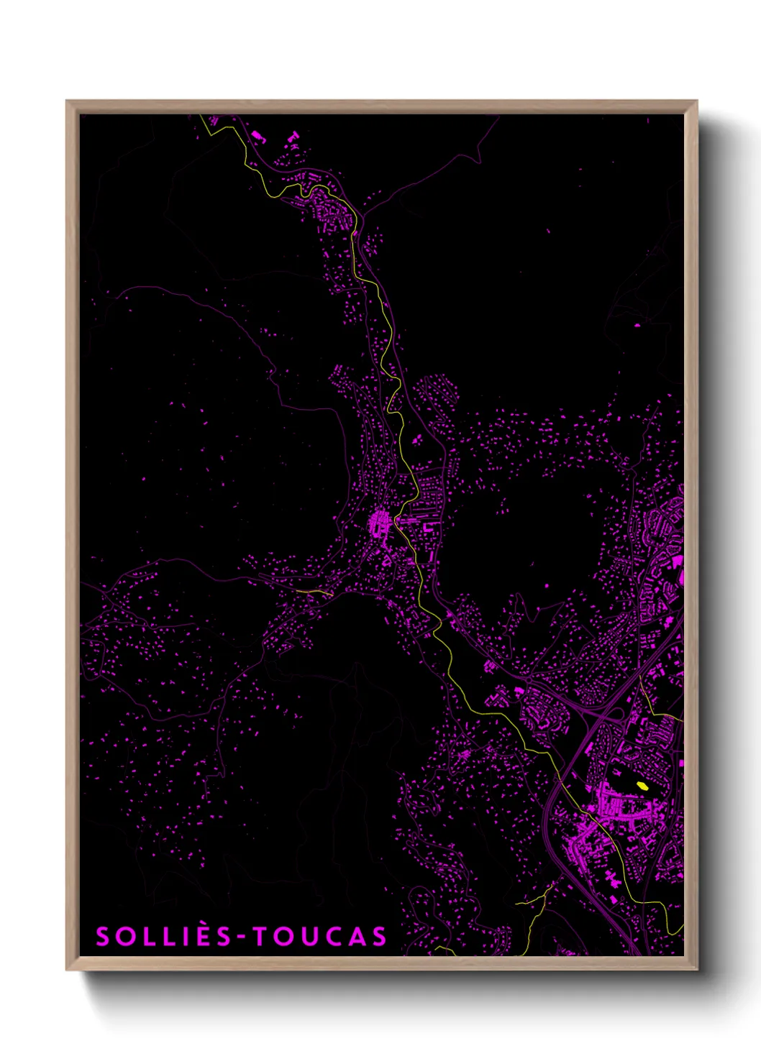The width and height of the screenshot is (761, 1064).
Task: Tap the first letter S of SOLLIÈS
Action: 104,937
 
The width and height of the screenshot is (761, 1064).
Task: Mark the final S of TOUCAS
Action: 379,937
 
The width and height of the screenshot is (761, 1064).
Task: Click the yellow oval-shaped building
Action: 642,786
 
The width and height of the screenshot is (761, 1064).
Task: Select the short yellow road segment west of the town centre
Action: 314,592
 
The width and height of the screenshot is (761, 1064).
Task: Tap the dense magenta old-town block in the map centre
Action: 378,521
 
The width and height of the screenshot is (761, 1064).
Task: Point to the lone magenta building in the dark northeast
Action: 637,325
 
